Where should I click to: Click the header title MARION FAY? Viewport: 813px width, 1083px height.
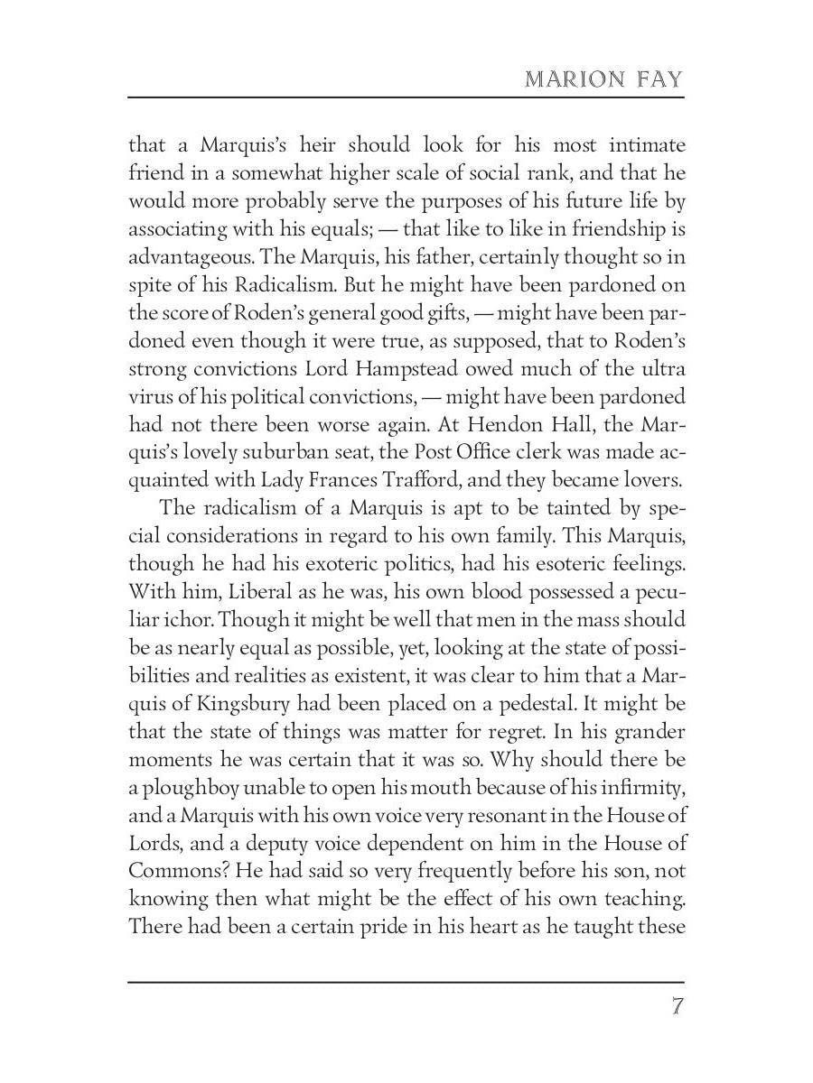tap(604, 79)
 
